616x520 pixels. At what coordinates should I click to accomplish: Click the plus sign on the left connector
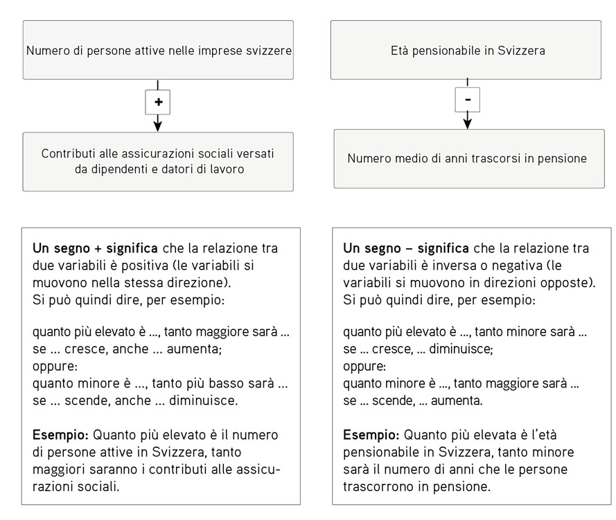(x=158, y=101)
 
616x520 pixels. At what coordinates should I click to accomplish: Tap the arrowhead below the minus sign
(x=468, y=123)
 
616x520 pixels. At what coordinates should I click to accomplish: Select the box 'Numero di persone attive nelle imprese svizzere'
(x=158, y=50)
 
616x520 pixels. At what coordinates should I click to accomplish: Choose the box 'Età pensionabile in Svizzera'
(x=468, y=50)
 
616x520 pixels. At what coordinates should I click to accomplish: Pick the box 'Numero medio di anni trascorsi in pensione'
(x=468, y=158)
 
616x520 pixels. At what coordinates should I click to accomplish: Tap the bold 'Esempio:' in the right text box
(x=371, y=435)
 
